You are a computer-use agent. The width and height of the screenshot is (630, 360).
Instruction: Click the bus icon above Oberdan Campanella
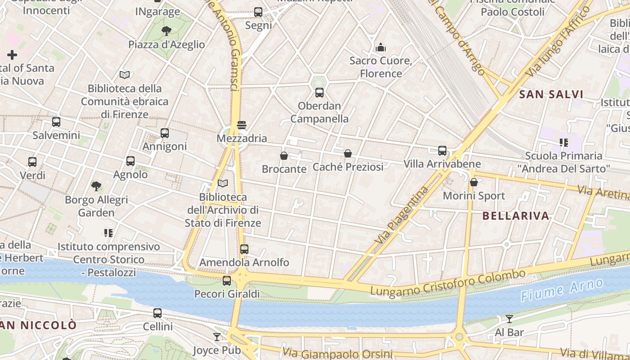[x=319, y=93]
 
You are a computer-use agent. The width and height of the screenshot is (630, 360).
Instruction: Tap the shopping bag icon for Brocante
[x=284, y=156]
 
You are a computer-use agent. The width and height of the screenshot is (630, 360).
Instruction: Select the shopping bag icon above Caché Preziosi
[x=348, y=153]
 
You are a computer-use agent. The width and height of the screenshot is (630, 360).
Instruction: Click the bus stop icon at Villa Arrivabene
[x=442, y=150]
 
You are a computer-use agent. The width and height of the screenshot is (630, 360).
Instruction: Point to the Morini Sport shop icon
[x=473, y=182]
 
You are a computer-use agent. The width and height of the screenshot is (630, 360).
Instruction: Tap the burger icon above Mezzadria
[x=242, y=125]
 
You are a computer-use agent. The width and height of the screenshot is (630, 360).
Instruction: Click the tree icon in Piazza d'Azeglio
[x=166, y=31]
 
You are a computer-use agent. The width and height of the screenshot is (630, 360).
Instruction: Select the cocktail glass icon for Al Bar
[x=509, y=319]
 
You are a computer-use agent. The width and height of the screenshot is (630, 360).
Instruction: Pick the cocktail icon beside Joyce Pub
[x=217, y=337]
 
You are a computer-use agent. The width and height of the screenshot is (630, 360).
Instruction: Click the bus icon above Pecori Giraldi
[x=227, y=281]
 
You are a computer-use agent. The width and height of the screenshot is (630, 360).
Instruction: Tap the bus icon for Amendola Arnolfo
[x=244, y=249]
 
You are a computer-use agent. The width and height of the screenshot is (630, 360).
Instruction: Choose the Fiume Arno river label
[x=562, y=290]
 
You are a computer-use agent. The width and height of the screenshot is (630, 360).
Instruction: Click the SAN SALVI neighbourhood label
[x=551, y=94]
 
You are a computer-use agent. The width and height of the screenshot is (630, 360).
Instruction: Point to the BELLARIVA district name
[x=516, y=216]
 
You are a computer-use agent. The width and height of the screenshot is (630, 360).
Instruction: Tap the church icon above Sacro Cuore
[x=381, y=47]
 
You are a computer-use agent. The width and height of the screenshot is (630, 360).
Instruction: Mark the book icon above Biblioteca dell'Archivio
[x=223, y=183]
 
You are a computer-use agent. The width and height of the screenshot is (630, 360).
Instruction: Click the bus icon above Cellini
[x=157, y=313]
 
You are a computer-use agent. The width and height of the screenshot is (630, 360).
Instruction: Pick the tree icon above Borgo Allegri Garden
[x=96, y=186]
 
